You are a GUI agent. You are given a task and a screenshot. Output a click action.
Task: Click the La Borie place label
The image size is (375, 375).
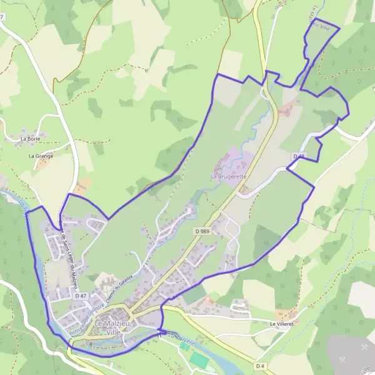[x=30, y=138]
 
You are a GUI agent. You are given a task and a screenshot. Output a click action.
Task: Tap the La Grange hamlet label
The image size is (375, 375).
[x=41, y=156]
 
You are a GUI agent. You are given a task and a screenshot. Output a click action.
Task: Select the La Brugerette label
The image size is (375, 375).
[x=228, y=177]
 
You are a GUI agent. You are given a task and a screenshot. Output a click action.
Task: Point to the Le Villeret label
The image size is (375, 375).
[x=281, y=324]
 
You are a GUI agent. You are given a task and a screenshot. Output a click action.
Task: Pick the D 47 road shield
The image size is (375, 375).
[x=80, y=295]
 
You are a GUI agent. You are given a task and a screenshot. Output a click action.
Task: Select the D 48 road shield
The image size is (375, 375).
[x=298, y=156]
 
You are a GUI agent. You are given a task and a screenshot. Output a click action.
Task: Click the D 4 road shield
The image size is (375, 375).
[x=261, y=365]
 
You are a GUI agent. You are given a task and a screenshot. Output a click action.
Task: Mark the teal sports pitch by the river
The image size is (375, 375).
[x=199, y=359]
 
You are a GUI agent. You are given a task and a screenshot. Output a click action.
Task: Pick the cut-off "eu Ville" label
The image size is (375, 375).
[x=320, y=25]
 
